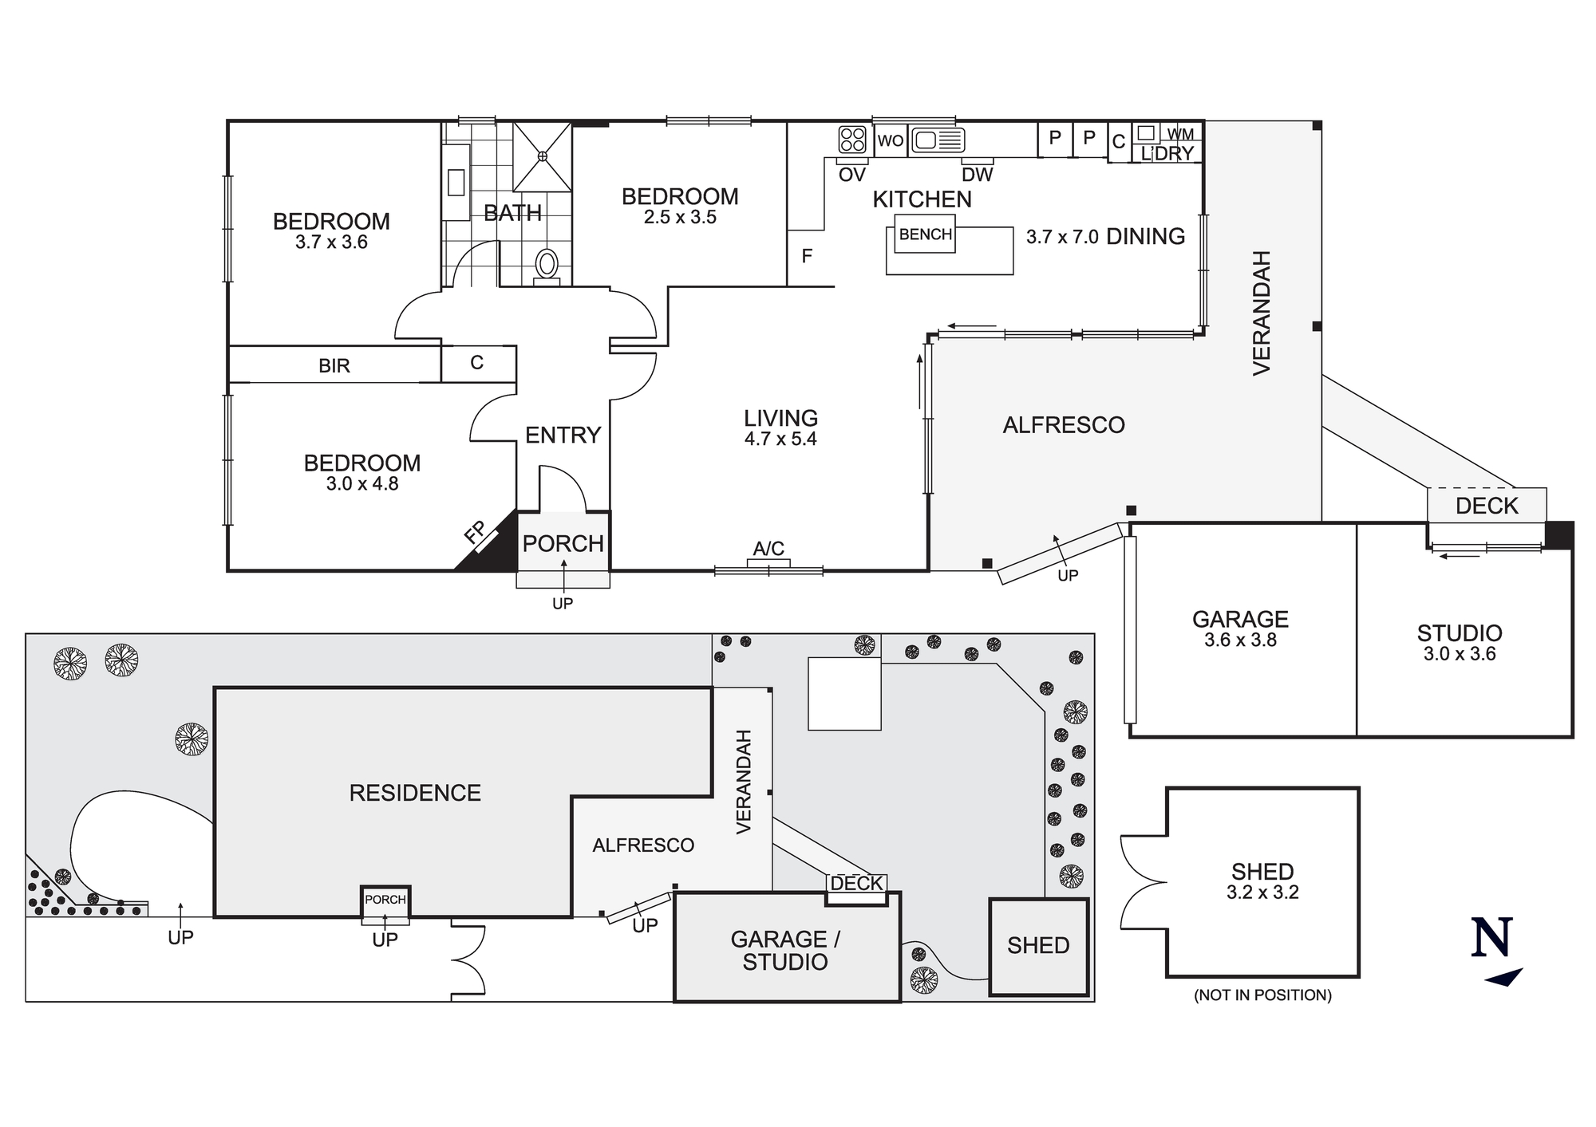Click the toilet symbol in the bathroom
click(547, 264)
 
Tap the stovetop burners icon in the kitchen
click(852, 140)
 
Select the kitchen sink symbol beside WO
click(938, 140)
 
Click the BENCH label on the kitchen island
click(925, 234)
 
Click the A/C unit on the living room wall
click(768, 562)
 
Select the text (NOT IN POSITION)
click(1262, 995)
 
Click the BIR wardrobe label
click(334, 365)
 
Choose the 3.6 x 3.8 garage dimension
click(1240, 640)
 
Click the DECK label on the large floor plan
click(1487, 506)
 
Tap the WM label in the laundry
click(1180, 134)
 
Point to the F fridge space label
click(807, 256)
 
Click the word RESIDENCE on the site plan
click(415, 792)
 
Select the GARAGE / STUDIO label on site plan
click(785, 950)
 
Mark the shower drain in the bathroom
click(542, 156)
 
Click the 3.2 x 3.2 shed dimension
click(1262, 892)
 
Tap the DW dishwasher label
click(977, 175)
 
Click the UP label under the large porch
click(563, 604)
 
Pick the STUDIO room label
click(1460, 633)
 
